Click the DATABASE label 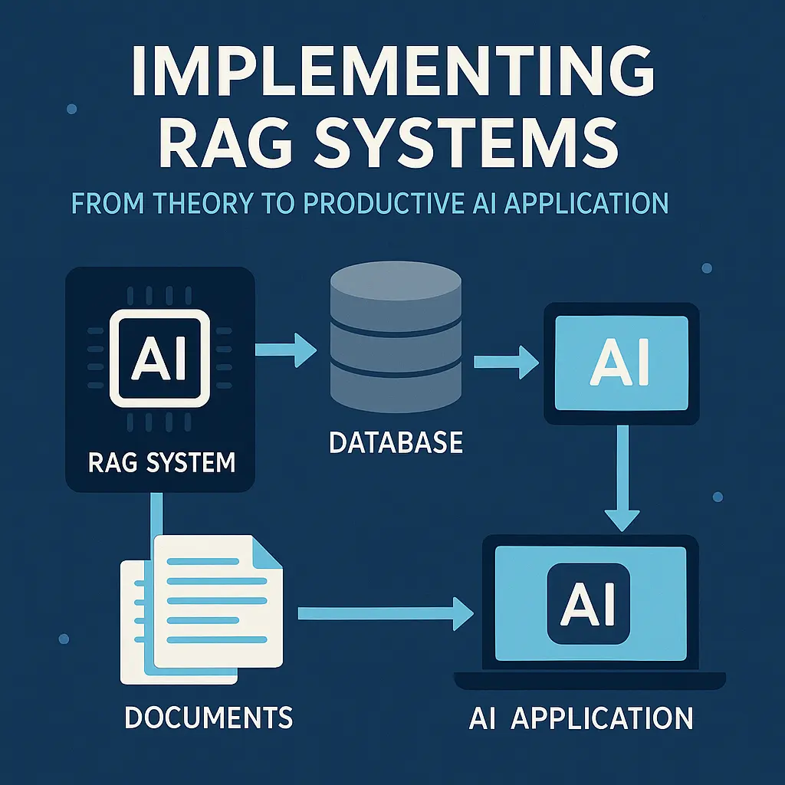pyautogui.click(x=396, y=442)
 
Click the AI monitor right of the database pyautogui.click(x=621, y=362)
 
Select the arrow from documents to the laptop pyautogui.click(x=383, y=612)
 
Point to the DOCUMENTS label pyautogui.click(x=208, y=718)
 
